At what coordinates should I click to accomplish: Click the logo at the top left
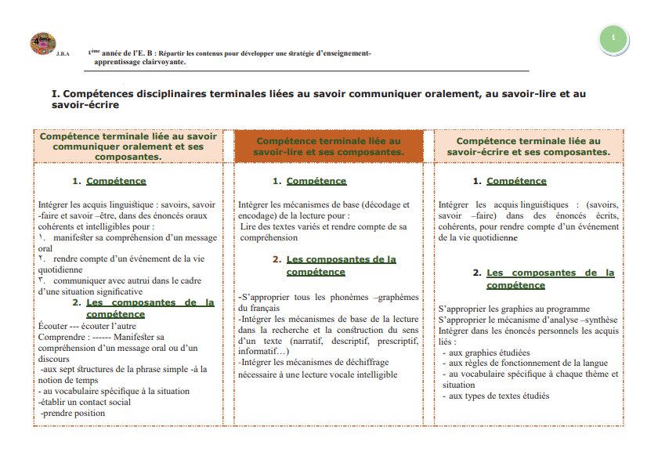pos(43,44)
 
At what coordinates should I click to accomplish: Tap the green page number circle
pos(613,38)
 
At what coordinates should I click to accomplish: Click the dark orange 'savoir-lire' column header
pos(328,146)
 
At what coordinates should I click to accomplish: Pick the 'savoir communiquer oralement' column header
pos(128,146)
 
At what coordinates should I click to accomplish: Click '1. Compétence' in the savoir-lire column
pos(309,181)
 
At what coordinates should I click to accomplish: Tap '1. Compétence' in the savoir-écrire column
pos(509,181)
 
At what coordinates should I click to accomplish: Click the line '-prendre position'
pos(72,413)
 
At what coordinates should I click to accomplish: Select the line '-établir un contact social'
pos(85,402)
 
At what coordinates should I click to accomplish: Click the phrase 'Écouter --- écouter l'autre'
pos(87,325)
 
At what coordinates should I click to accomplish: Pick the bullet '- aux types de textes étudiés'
pos(495,396)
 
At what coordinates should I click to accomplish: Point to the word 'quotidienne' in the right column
pos(493,237)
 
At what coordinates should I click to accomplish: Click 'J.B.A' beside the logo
pos(63,53)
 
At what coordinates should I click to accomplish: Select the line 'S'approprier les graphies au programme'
pos(514,309)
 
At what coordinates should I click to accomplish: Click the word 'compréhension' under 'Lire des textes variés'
pos(269,237)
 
